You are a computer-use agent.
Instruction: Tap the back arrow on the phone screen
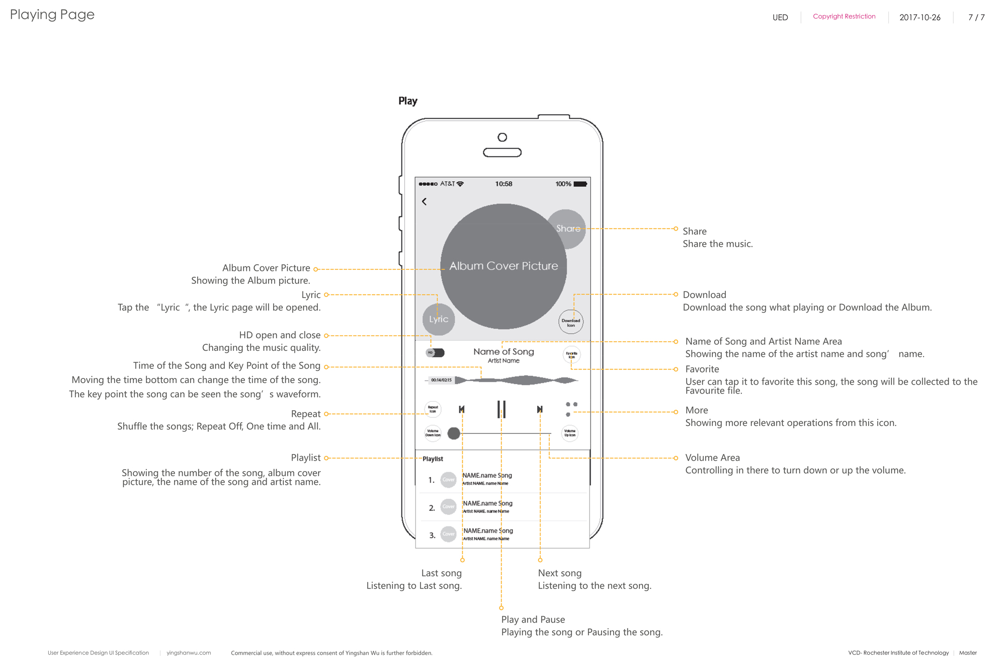point(424,201)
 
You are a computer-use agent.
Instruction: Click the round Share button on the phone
point(567,229)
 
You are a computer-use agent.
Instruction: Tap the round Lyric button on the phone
point(439,319)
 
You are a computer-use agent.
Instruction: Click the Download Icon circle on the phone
point(571,322)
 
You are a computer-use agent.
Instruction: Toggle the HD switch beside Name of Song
point(436,353)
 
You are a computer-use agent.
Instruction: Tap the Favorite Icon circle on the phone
point(571,355)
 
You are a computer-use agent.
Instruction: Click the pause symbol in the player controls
point(501,409)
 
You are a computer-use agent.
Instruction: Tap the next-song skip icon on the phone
point(539,409)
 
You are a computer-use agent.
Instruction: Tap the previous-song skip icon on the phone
point(462,409)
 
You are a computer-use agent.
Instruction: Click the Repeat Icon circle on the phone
point(433,409)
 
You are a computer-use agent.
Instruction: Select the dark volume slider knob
point(454,433)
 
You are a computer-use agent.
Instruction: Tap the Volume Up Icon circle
point(570,433)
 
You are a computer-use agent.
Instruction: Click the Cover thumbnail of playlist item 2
point(448,507)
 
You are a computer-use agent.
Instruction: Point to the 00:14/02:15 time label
point(441,380)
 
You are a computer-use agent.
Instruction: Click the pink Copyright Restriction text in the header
point(844,17)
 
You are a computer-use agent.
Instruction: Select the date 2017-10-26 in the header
point(919,18)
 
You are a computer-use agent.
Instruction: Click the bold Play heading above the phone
point(408,101)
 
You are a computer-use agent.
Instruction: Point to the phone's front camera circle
point(502,137)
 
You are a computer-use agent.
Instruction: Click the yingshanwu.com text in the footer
point(189,653)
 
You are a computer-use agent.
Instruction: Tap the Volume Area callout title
point(712,458)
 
